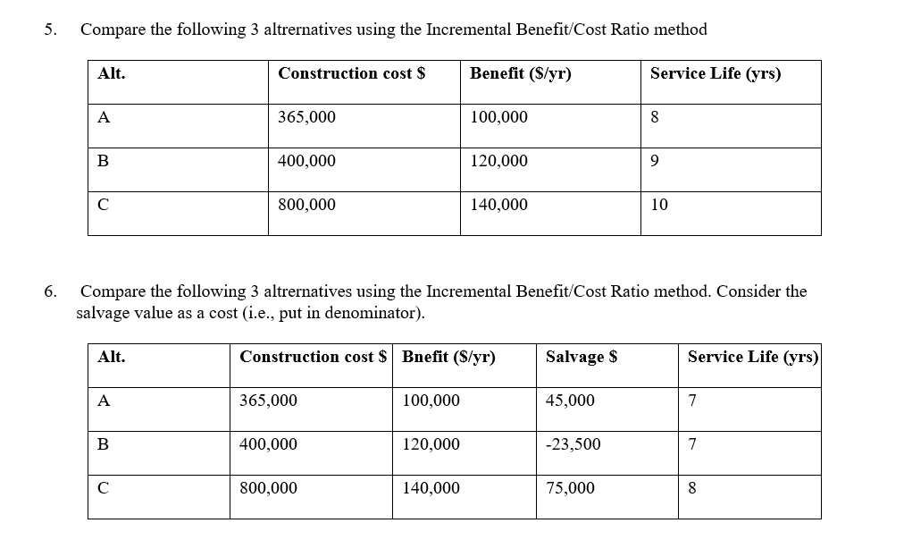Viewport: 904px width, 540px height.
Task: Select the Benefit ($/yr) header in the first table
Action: [x=520, y=73]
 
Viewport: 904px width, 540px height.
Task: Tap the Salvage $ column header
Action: [x=582, y=357]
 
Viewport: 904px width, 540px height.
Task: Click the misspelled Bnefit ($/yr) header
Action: [x=448, y=357]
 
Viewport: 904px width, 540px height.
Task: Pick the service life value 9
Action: [x=656, y=161]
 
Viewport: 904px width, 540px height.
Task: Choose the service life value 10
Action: [x=659, y=205]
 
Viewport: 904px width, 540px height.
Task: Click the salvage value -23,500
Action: [x=573, y=444]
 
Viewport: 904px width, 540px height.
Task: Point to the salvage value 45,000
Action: [x=570, y=401]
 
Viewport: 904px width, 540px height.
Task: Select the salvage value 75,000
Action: [x=570, y=488]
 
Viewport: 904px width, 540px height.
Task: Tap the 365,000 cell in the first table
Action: [x=306, y=117]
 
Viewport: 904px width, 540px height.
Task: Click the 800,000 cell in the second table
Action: [x=268, y=488]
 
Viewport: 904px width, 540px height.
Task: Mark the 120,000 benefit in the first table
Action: [x=498, y=161]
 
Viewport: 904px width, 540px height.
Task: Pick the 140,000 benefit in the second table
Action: [x=431, y=488]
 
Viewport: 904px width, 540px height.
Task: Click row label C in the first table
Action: [x=104, y=205]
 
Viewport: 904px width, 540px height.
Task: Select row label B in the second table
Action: [x=104, y=444]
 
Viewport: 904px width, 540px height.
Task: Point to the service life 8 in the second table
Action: [x=692, y=488]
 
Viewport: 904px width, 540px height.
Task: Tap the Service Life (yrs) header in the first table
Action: [x=715, y=73]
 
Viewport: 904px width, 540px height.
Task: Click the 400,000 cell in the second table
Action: [x=268, y=444]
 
